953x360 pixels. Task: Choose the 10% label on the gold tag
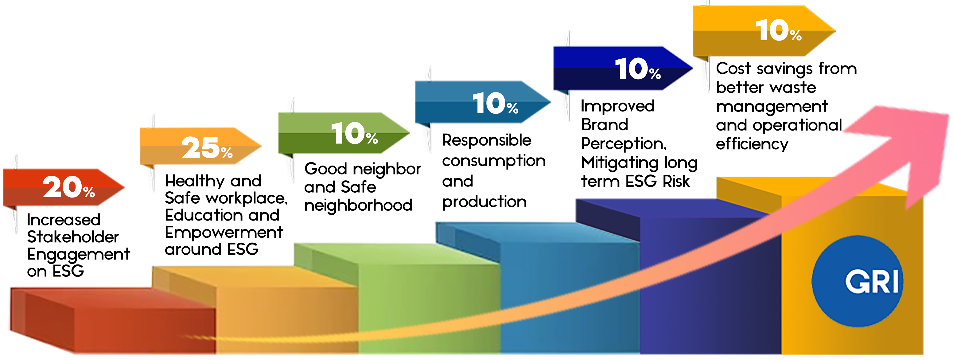pos(778,30)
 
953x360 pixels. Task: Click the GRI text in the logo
pos(872,282)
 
